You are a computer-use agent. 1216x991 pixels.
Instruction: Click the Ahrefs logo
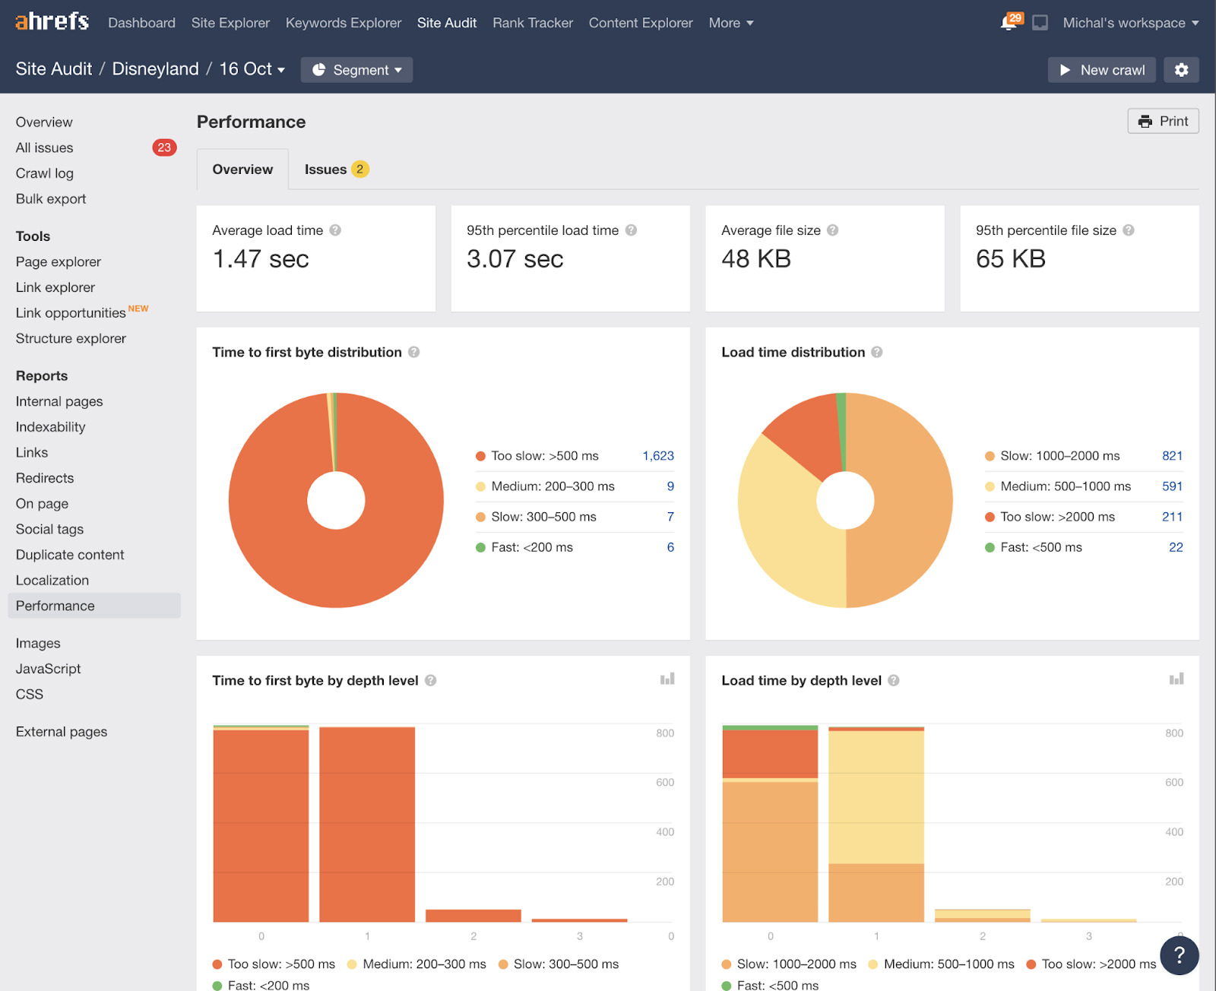coord(52,22)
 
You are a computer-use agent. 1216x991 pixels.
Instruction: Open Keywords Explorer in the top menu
coord(343,23)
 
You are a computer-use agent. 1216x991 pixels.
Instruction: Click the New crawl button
coord(1101,70)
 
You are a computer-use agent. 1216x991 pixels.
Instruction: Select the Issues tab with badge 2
coord(335,169)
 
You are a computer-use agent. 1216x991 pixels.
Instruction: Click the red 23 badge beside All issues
coord(164,147)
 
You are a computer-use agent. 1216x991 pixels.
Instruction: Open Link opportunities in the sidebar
coord(71,313)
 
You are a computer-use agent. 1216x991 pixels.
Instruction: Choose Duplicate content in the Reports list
coord(70,555)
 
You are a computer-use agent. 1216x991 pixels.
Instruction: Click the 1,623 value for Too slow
coord(657,456)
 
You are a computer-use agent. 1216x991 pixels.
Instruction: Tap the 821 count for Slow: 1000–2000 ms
coord(1171,456)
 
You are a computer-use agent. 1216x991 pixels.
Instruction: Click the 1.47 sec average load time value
coord(261,259)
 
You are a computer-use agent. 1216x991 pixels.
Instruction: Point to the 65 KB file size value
coord(1010,259)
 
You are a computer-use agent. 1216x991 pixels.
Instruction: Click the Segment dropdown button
coord(356,70)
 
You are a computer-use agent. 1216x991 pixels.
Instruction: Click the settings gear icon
coord(1180,70)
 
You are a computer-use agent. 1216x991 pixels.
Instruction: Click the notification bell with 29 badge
coord(1009,22)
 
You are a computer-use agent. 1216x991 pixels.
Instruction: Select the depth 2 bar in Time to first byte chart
coord(473,915)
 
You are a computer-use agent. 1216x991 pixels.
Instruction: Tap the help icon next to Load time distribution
coord(876,353)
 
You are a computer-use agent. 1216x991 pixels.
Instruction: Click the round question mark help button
coord(1179,955)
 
